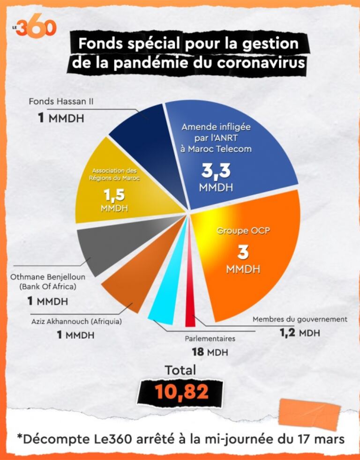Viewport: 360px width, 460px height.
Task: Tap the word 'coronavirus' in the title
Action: [259, 63]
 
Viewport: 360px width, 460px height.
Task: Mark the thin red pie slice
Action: [190, 300]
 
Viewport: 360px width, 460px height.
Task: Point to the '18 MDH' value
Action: [210, 351]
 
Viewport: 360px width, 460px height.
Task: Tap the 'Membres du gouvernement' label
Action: [300, 319]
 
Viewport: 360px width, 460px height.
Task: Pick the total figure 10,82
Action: [182, 392]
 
